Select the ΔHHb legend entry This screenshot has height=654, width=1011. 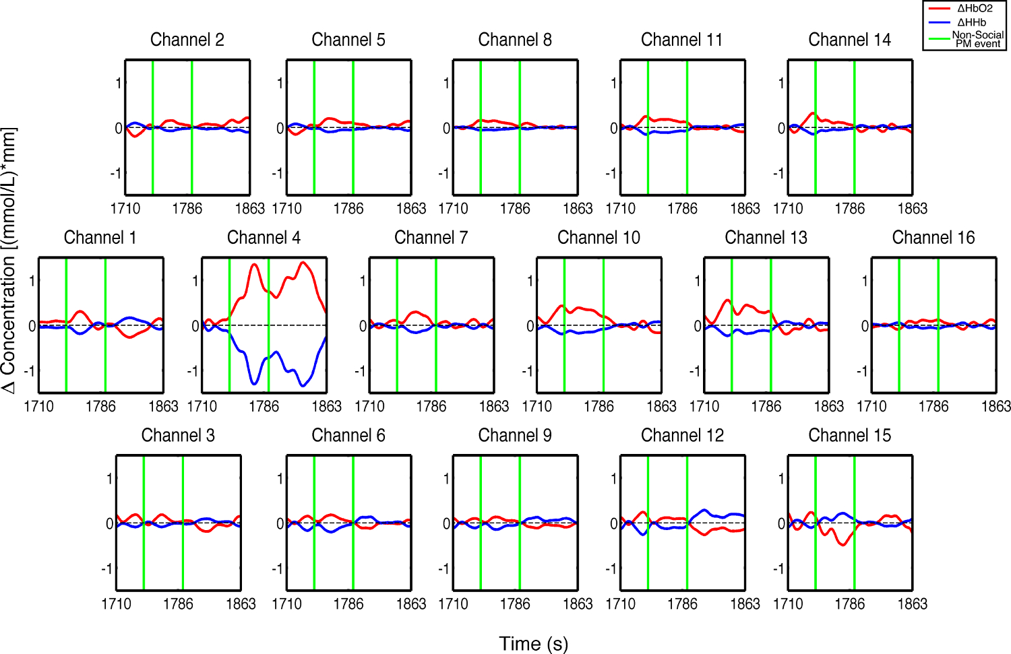[971, 22]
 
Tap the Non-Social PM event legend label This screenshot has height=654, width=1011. [977, 39]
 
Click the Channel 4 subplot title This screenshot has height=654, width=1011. [264, 238]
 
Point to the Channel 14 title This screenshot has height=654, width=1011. [849, 40]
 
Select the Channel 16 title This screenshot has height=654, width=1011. [933, 238]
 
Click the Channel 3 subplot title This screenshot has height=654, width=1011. [178, 436]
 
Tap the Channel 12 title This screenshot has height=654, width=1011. [682, 436]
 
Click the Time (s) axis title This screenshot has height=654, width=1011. [533, 644]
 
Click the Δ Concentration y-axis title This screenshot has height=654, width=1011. [9, 260]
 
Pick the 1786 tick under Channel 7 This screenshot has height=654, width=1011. [431, 407]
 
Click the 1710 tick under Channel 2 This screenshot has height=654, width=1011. [125, 209]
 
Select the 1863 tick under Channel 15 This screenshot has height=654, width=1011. [912, 604]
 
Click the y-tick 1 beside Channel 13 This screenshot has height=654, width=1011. [697, 281]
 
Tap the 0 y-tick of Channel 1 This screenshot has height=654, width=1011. [32, 326]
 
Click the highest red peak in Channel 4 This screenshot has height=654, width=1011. [303, 262]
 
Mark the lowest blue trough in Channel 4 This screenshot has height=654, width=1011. [303, 385]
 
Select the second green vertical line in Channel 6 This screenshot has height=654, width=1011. [353, 523]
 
